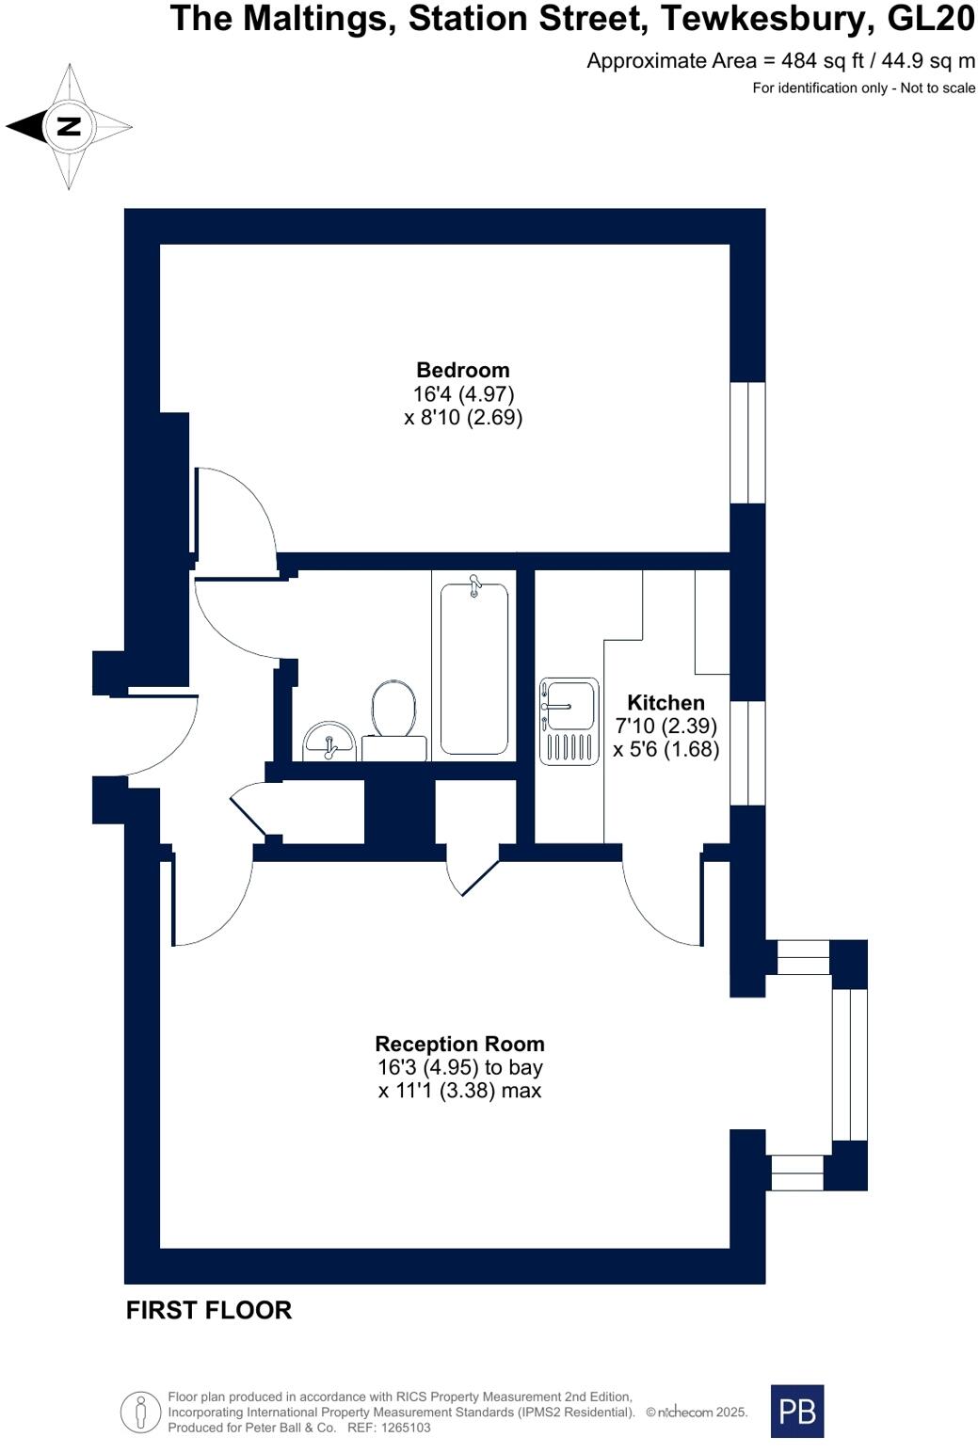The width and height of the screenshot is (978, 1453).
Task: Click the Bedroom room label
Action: click(463, 370)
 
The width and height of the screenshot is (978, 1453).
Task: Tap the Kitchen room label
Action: click(665, 702)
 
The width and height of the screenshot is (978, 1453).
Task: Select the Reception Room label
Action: click(459, 1044)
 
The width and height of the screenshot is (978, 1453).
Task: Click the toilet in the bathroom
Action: click(393, 711)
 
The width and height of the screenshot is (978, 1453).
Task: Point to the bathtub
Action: click(474, 668)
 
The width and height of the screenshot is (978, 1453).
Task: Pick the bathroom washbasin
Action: click(329, 741)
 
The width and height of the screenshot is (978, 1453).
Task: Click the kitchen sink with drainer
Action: click(569, 721)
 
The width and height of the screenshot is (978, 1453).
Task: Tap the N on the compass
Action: click(69, 126)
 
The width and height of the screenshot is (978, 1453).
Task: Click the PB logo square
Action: click(796, 1411)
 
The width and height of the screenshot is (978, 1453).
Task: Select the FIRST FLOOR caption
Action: click(209, 1310)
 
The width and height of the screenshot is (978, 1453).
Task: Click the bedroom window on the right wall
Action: click(748, 442)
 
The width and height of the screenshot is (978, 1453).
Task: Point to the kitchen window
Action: click(748, 753)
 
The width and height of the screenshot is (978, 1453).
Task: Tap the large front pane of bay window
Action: click(849, 1064)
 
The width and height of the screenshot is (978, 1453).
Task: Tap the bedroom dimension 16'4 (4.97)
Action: click(463, 393)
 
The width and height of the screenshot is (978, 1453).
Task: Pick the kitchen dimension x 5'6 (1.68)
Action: click(665, 749)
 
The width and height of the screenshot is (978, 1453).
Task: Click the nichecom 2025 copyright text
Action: click(697, 1413)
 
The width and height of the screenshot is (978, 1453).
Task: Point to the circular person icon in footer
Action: click(140, 1413)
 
